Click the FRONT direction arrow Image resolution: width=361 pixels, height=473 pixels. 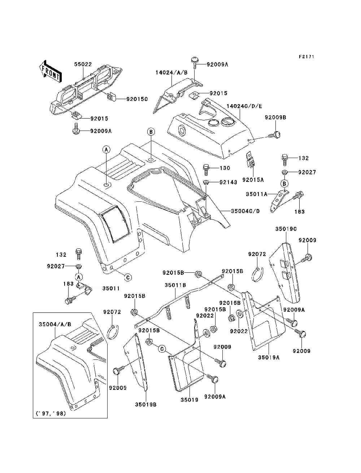pos(49,71)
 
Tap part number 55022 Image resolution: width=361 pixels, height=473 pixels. pos(83,64)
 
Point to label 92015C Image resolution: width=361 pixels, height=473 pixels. pos(137,99)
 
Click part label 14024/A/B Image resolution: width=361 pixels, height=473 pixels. pos(171,73)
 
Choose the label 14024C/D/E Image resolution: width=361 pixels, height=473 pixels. pos(244,106)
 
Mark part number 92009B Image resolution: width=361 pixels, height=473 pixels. pos(275,118)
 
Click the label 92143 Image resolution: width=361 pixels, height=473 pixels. pos(228,182)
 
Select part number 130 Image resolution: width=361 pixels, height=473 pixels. pos(225,168)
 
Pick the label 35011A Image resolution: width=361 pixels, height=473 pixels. pos(257,194)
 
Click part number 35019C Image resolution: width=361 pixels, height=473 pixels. pos(286,229)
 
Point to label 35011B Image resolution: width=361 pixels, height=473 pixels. pos(175,285)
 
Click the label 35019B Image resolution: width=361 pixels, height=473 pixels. pos(146,405)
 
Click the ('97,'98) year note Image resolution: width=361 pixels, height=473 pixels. pos(51,413)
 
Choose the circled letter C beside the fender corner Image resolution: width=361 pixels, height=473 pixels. pos(128,278)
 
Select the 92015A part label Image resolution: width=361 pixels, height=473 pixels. pos(253,180)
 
